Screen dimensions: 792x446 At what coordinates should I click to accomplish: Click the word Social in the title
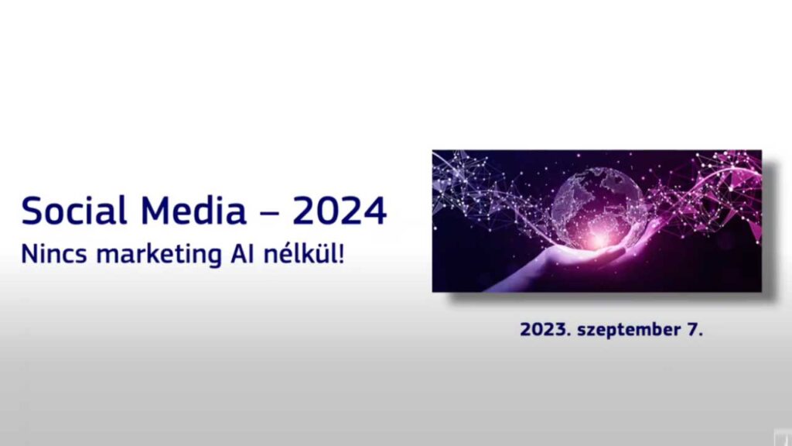[73, 211]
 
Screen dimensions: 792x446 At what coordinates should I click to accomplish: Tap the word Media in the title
[193, 211]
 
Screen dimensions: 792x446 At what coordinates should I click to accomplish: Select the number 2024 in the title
[340, 211]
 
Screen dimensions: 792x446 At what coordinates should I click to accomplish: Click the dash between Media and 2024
[269, 213]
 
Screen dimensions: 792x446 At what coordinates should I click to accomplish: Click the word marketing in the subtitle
[159, 255]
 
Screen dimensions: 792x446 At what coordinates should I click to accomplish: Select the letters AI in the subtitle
[241, 254]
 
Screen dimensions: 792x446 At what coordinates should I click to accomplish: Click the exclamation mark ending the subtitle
[341, 253]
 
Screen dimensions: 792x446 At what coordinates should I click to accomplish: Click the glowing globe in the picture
[599, 208]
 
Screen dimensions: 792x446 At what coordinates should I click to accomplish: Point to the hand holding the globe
[581, 263]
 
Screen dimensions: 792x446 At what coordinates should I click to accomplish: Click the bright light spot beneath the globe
[600, 237]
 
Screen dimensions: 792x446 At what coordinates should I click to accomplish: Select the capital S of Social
[31, 211]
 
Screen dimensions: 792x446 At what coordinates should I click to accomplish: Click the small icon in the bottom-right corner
[783, 437]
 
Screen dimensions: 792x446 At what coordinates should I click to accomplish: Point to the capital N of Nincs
[28, 254]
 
